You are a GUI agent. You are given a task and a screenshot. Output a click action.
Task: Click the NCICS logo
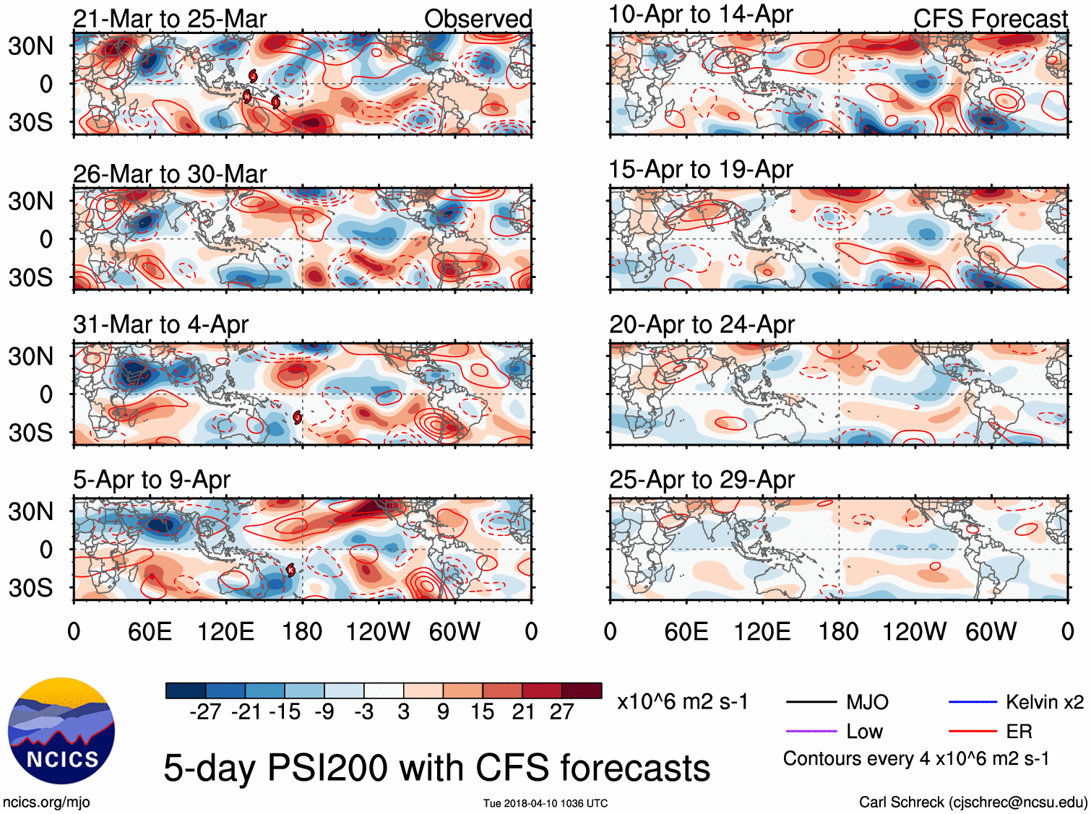[61, 730]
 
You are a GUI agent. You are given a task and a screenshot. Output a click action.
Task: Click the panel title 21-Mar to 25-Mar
[170, 19]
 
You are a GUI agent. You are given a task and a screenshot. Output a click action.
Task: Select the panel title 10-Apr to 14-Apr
[701, 14]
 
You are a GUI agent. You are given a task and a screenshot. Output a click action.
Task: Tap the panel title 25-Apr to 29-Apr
[702, 480]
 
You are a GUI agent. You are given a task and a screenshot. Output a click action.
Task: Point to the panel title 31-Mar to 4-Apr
[160, 324]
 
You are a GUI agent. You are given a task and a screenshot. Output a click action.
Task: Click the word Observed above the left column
[478, 19]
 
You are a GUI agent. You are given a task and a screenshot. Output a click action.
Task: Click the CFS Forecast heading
[990, 19]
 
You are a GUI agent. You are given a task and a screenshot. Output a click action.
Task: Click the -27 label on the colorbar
[205, 712]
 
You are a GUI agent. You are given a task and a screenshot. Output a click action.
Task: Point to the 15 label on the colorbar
[483, 712]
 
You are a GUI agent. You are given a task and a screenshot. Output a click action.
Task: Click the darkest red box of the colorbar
[582, 690]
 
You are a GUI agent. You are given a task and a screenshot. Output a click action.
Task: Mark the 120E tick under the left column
[226, 632]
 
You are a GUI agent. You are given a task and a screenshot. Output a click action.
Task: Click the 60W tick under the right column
[991, 632]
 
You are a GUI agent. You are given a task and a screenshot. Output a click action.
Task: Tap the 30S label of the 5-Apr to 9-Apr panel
[30, 588]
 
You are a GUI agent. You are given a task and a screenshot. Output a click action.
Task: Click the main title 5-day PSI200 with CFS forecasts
[436, 768]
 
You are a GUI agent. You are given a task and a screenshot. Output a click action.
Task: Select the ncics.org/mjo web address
[46, 802]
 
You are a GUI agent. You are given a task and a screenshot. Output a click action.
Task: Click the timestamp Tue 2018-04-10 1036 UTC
[545, 803]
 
